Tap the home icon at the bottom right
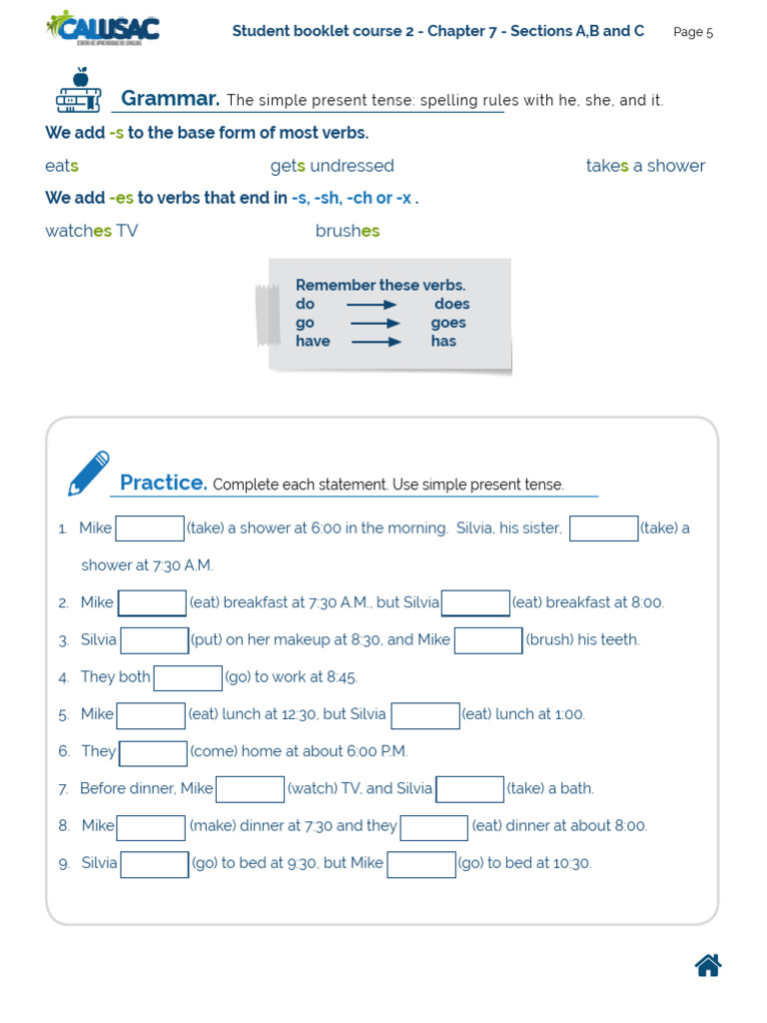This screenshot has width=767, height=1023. (x=708, y=965)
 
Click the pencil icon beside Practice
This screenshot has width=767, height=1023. (x=88, y=474)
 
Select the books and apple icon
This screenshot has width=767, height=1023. (x=78, y=91)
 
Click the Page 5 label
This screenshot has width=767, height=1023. (x=693, y=32)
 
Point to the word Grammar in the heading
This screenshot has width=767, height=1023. (x=170, y=99)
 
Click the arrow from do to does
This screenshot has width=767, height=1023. (x=372, y=305)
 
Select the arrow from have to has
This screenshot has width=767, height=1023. (x=376, y=342)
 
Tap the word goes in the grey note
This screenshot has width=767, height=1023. (x=448, y=323)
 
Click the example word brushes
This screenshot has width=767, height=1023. (x=348, y=231)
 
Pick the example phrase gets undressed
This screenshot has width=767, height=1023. (x=332, y=166)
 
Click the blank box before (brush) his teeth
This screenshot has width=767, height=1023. (x=488, y=640)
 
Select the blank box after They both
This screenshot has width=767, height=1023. (x=188, y=678)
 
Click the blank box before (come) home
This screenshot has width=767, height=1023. (x=153, y=752)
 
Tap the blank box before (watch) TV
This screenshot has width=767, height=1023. (x=250, y=789)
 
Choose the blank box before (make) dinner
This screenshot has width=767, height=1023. (x=151, y=827)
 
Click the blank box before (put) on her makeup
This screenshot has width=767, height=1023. (x=154, y=640)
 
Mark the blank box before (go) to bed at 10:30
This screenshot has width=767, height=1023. (x=421, y=864)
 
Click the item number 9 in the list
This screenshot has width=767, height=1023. (x=63, y=864)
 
